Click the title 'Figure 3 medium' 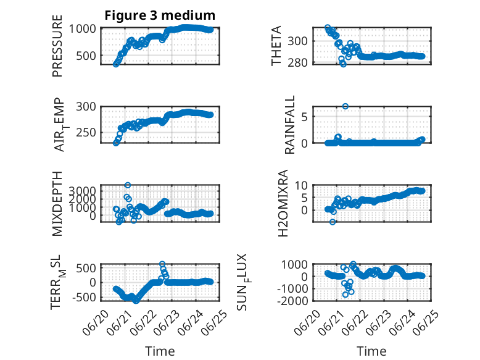160,15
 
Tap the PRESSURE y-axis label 57,46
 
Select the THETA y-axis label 276,46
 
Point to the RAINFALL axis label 289,125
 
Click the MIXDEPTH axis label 57,204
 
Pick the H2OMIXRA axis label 283,203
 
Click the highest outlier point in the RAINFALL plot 346,106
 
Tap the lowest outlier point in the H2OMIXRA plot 333,222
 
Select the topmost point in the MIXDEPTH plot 128,185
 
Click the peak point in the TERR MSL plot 162,264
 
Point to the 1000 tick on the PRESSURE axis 82,29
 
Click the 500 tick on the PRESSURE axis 86,56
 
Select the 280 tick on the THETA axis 297,62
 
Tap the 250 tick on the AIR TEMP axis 86,133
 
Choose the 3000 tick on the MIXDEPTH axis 82,191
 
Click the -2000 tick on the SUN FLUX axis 292,301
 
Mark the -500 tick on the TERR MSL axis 84,297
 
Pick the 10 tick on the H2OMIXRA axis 301,185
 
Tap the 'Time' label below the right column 371,351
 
